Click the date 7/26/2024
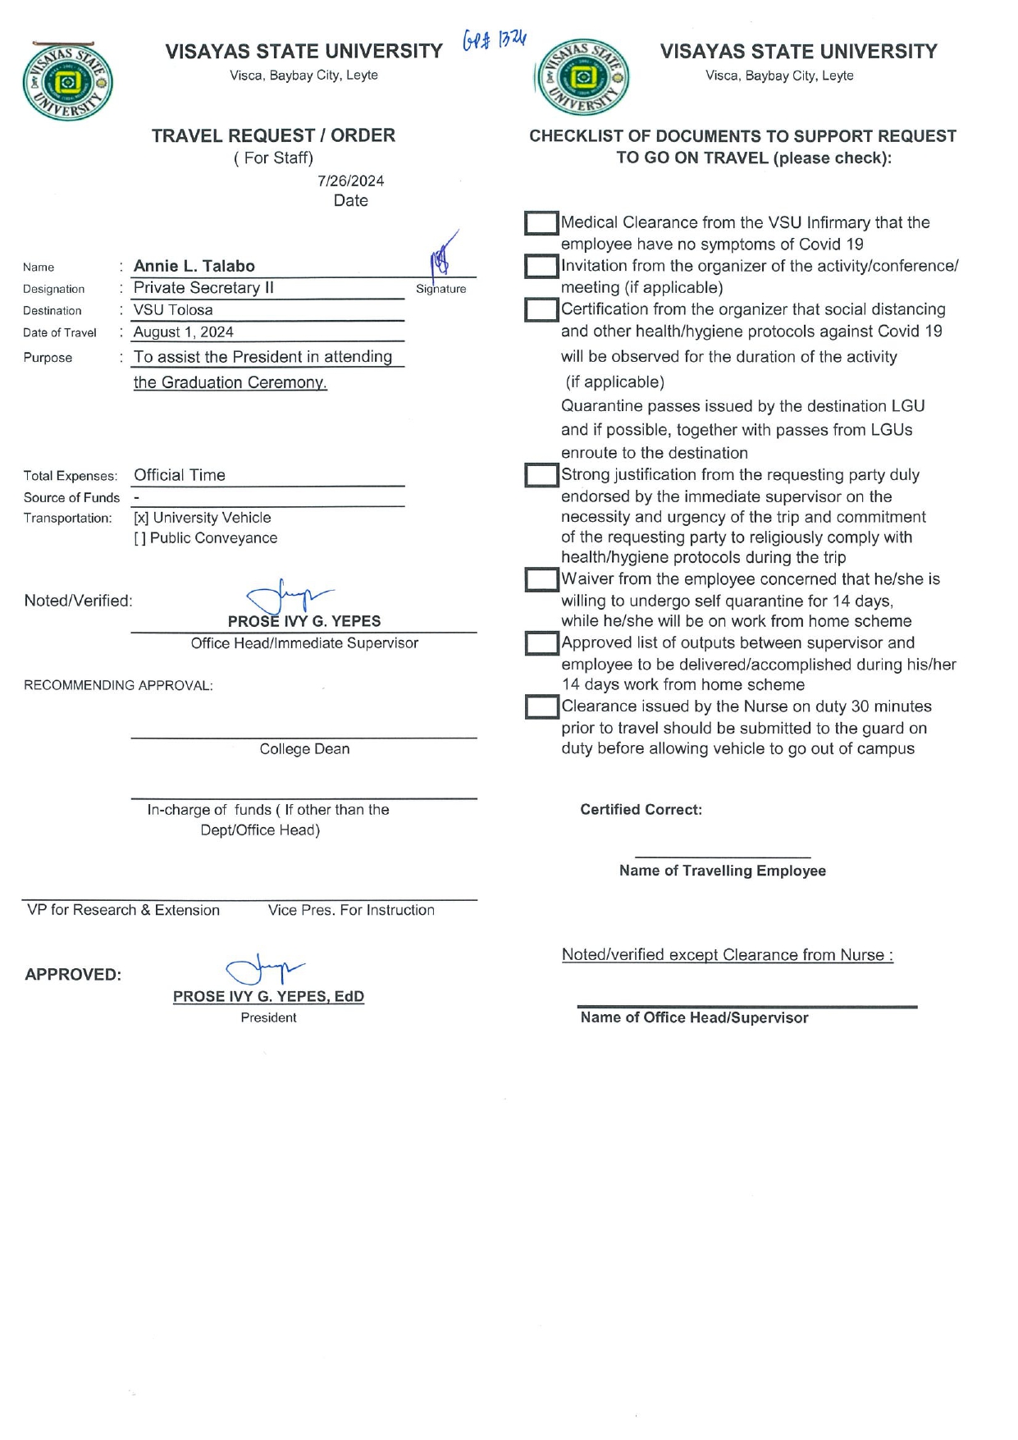click(350, 181)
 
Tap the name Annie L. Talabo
click(194, 266)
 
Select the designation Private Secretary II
click(203, 288)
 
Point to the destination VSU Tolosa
click(173, 310)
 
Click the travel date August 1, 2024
click(183, 332)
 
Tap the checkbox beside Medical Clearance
click(541, 223)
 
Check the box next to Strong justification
click(541, 476)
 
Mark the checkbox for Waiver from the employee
click(541, 580)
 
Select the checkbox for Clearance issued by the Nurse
click(541, 707)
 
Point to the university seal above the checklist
click(582, 79)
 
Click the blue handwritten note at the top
click(494, 40)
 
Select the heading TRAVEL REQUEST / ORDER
click(273, 136)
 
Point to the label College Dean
click(304, 749)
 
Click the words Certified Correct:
click(641, 810)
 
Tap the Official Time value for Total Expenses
click(180, 476)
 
